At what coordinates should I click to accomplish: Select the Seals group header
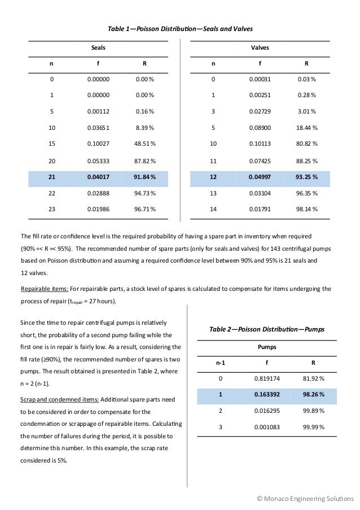pyautogui.click(x=98, y=49)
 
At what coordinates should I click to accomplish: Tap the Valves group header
pyautogui.click(x=260, y=49)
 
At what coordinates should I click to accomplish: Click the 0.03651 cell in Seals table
pyautogui.click(x=98, y=128)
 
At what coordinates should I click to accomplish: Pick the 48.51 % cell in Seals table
pyautogui.click(x=144, y=144)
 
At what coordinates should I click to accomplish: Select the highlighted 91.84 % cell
pyautogui.click(x=144, y=177)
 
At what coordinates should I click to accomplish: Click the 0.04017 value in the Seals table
pyautogui.click(x=98, y=177)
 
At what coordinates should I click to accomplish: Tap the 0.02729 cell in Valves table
pyautogui.click(x=260, y=111)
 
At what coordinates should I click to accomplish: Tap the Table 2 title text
pyautogui.click(x=266, y=329)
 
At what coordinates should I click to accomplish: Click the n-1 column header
pyautogui.click(x=220, y=363)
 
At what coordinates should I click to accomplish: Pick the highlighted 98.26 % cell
pyautogui.click(x=313, y=395)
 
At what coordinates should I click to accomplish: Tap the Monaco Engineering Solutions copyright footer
pyautogui.click(x=305, y=498)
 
